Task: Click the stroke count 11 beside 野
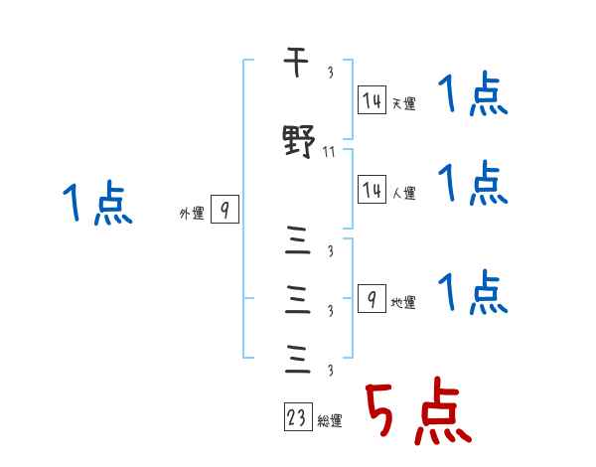pos(331,152)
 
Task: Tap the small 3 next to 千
pos(330,73)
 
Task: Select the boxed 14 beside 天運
pos(372,99)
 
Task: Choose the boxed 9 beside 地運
pos(371,296)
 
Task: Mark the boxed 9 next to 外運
pos(225,210)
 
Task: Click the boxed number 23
pos(296,417)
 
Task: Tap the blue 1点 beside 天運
pos(473,97)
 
